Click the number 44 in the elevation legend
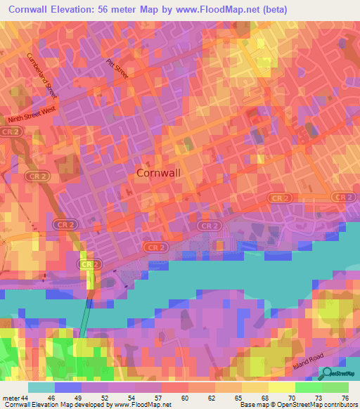pyautogui.click(x=23, y=397)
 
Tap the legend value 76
pyautogui.click(x=345, y=397)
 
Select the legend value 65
pyautogui.click(x=239, y=397)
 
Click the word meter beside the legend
pyautogui.click(x=10, y=397)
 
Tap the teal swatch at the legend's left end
pyautogui.click(x=41, y=387)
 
